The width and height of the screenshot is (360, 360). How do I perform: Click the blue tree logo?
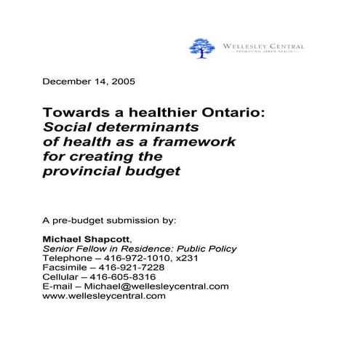(202, 48)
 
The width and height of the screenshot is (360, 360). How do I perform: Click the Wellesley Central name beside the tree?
(263, 46)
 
